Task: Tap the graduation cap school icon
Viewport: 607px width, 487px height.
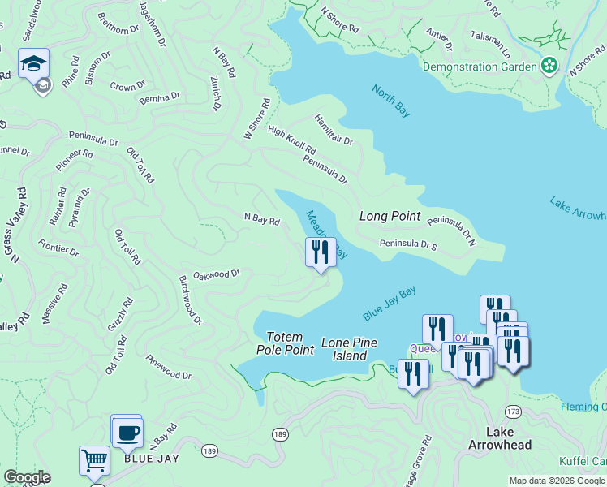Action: point(34,63)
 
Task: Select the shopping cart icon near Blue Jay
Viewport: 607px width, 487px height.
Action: point(94,460)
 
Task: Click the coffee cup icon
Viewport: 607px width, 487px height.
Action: point(127,432)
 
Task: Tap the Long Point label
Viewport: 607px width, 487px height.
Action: point(390,216)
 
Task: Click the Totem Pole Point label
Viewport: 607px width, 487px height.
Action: point(285,343)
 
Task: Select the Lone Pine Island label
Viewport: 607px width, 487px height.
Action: point(350,349)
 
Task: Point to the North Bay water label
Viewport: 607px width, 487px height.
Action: point(391,101)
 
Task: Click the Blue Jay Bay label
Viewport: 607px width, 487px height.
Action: point(390,302)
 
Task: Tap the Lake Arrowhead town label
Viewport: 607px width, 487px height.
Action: point(499,438)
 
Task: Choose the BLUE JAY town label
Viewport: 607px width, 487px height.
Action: point(151,459)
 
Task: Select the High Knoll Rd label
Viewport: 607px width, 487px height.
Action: point(291,140)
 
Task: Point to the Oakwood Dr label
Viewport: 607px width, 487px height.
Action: point(217,274)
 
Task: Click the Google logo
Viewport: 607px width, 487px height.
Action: point(27,477)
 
